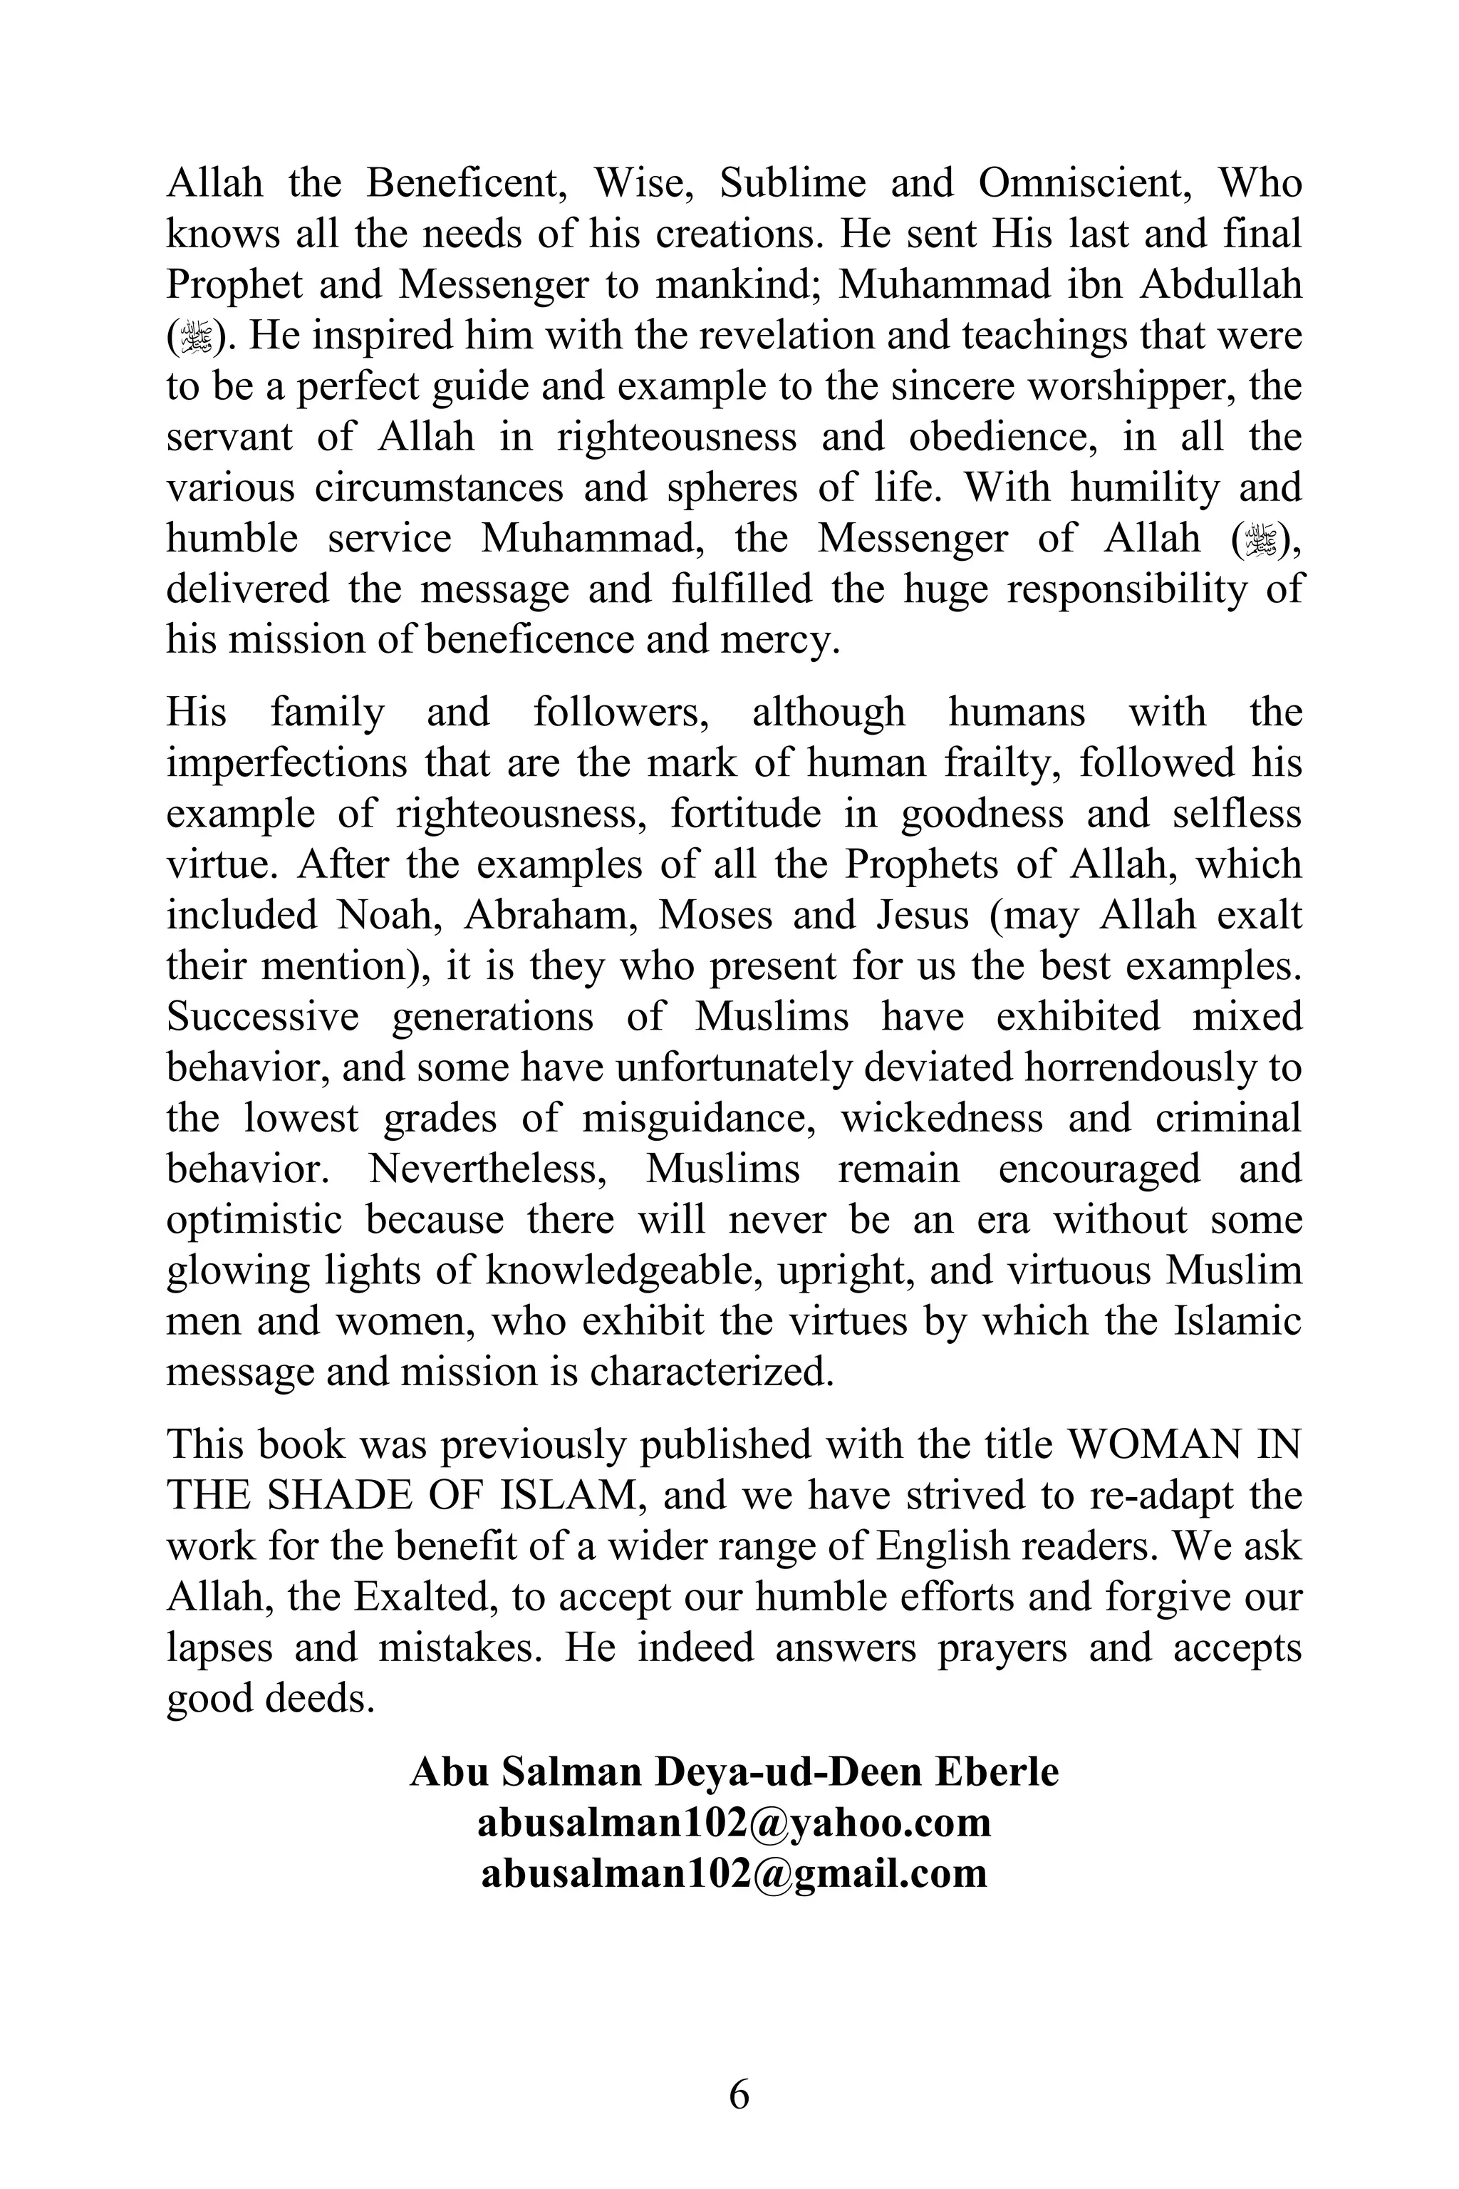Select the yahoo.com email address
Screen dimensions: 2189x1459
tap(734, 1821)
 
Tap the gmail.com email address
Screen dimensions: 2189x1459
tap(734, 1872)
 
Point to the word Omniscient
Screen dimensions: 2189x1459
tap(1086, 183)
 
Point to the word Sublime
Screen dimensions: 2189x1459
tap(793, 183)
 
